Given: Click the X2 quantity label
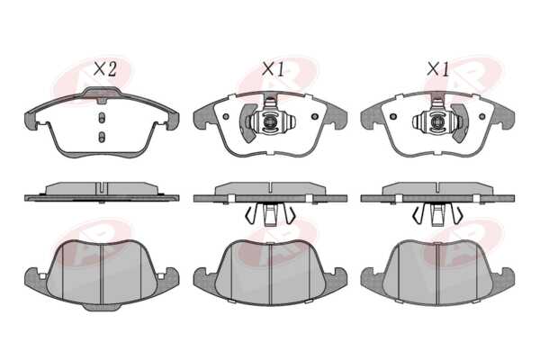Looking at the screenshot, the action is pos(105,69).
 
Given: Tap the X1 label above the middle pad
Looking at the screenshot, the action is pos(274,69).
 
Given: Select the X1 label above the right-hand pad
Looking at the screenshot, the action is pos(438,69).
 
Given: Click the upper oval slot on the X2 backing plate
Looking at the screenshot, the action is pos(101,118).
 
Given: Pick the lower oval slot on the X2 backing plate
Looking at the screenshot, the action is pos(101,137).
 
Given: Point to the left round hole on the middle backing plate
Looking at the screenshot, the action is pos(226,116).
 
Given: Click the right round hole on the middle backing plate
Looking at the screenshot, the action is pos(314,116).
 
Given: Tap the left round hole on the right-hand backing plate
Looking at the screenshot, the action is pos(393,116).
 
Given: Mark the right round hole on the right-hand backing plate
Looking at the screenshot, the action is pos(481,116).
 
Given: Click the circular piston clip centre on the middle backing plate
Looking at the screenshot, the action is pos(270,122).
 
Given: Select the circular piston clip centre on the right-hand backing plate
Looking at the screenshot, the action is pos(437,122).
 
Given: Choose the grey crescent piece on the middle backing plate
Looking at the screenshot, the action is pos(246,123).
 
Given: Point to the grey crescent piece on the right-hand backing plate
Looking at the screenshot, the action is pos(461,123).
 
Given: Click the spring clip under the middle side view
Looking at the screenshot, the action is pos(270,214).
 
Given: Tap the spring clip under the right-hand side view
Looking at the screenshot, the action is pos(437,214).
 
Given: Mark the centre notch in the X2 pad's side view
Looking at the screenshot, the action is pos(101,188).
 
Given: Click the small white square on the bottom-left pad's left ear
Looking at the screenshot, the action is pos(42,276).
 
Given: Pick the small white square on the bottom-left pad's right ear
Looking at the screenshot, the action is pos(160,276).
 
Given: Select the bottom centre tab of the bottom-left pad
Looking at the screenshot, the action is pos(101,308).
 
